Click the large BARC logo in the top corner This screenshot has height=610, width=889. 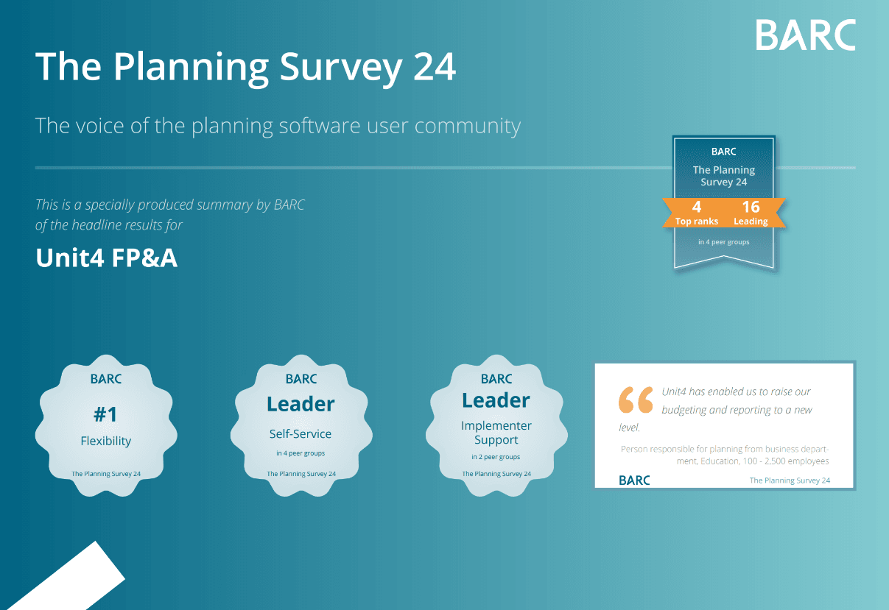(x=806, y=35)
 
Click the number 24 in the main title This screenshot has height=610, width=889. (x=434, y=68)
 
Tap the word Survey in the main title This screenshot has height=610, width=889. (x=341, y=69)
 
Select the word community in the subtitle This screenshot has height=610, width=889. (x=468, y=127)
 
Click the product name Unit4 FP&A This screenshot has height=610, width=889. (x=106, y=258)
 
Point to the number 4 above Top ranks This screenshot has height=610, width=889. (x=697, y=207)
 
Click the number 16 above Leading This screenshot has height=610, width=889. (x=751, y=207)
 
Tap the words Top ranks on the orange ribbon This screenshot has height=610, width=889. (x=697, y=221)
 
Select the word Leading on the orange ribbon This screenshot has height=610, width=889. (x=751, y=221)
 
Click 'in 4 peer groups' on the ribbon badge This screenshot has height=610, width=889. (x=724, y=242)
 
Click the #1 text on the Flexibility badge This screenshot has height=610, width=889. (x=105, y=415)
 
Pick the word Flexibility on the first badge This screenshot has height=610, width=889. (x=105, y=441)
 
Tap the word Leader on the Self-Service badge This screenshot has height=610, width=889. (x=301, y=404)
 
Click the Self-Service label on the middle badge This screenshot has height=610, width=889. (x=301, y=434)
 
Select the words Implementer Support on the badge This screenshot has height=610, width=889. (x=496, y=433)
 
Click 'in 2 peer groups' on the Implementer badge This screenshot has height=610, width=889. (x=496, y=457)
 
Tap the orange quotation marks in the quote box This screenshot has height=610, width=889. (x=636, y=400)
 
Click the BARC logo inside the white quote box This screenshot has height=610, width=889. (x=634, y=480)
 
